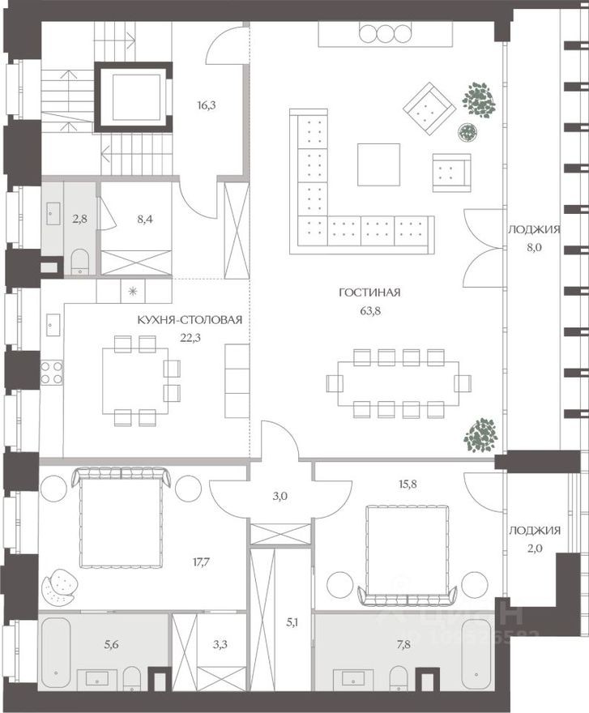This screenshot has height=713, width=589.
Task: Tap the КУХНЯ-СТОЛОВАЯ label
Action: pos(190,319)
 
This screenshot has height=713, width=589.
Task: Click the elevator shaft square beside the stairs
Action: pos(133,96)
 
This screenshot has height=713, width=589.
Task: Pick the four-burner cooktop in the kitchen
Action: pos(52,372)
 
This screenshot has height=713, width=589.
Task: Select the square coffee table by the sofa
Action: pos(378,164)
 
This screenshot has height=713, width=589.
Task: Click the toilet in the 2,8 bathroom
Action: pos(79,262)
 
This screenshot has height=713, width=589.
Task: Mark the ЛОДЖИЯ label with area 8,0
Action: pos(534,230)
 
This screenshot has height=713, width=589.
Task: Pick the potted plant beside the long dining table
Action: pos(480,435)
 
